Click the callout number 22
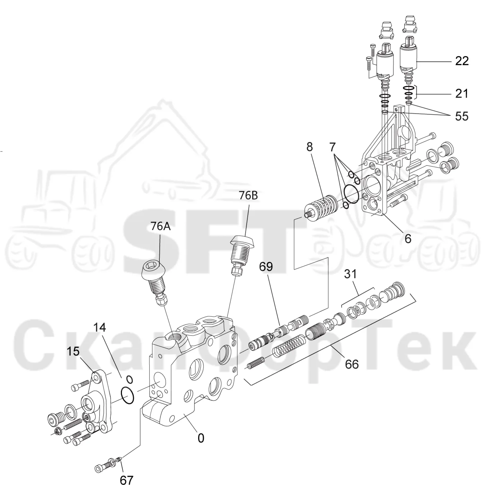tap(462, 61)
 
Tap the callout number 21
tap(461, 94)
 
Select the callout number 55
tap(461, 116)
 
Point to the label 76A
tap(161, 226)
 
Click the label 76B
tap(248, 195)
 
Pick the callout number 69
tap(266, 267)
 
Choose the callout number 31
tap(351, 274)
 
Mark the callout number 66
tap(352, 364)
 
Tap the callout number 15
tap(73, 351)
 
